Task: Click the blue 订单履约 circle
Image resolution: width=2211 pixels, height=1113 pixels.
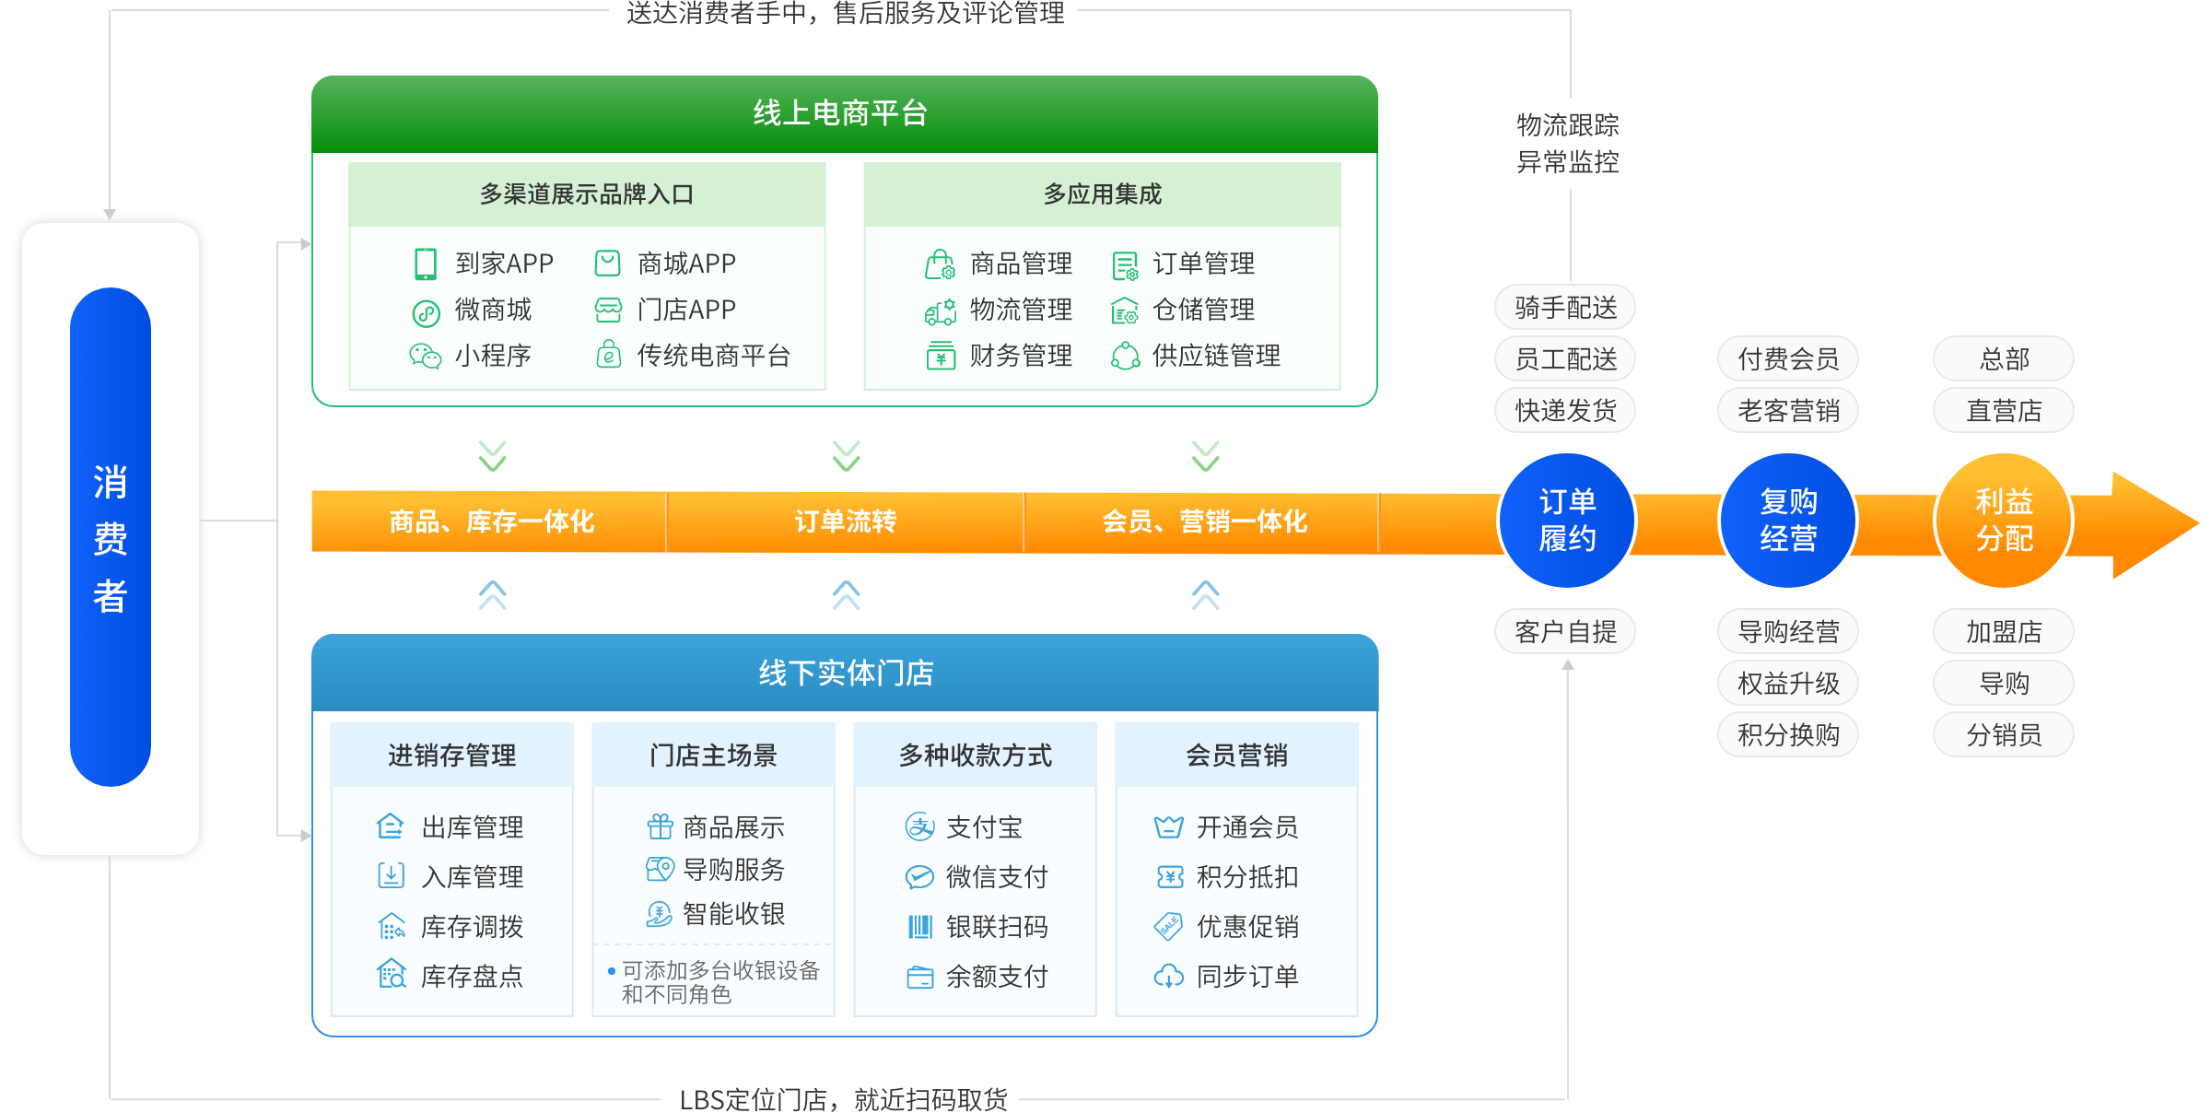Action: pos(1566,521)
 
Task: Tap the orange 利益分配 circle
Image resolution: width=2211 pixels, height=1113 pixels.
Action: pos(2003,521)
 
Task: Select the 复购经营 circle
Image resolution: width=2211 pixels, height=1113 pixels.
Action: pos(1787,521)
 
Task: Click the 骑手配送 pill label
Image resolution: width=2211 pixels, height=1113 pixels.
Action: pos(1565,308)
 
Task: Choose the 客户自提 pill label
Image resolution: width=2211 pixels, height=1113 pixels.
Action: pos(1565,632)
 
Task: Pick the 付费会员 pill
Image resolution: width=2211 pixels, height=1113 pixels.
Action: pos(1787,359)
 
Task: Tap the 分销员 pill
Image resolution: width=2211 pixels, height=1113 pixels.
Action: pos(2003,735)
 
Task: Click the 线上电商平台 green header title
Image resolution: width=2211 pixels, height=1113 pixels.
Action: pos(840,113)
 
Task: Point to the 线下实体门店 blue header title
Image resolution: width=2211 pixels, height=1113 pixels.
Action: pos(846,674)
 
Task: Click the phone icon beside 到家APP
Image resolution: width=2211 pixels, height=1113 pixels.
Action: pos(425,264)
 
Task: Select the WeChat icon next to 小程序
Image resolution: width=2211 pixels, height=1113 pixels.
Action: pos(425,356)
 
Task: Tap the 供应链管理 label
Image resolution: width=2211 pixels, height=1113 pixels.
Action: pos(1216,356)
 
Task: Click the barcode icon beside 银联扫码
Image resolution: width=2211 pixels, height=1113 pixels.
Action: pos(920,927)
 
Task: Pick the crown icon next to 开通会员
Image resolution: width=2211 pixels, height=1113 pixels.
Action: pos(1169,827)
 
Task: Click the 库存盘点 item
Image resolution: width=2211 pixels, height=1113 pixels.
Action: pos(472,977)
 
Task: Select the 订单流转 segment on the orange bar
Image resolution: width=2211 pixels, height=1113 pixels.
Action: pos(845,521)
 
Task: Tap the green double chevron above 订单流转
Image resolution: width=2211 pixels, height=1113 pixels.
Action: pos(846,455)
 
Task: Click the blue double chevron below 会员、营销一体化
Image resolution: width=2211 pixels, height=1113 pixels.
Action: pos(1205,595)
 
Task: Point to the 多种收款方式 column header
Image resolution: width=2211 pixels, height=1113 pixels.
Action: pos(975,756)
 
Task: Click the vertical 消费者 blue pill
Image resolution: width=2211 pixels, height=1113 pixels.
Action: pos(111,537)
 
